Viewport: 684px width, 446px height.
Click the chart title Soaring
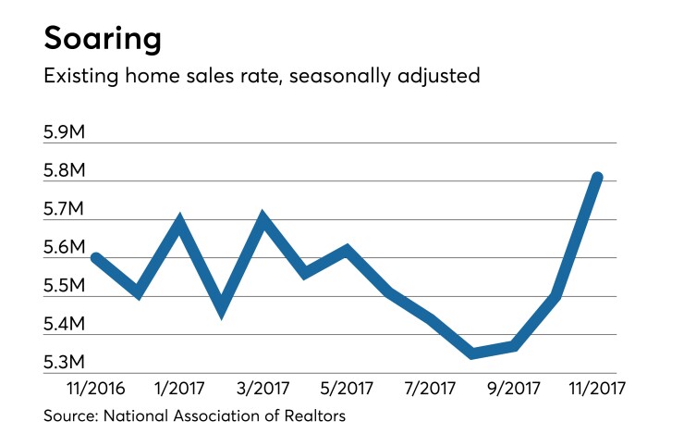[103, 39]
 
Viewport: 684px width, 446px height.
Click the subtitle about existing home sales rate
[262, 76]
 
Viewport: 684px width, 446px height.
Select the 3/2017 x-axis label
[264, 387]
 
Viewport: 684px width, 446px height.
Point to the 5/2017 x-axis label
[347, 387]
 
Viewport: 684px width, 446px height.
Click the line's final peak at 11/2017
[598, 178]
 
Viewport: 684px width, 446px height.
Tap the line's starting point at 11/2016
[95, 258]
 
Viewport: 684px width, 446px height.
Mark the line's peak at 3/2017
[264, 220]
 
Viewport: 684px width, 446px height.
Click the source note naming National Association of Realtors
[194, 416]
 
